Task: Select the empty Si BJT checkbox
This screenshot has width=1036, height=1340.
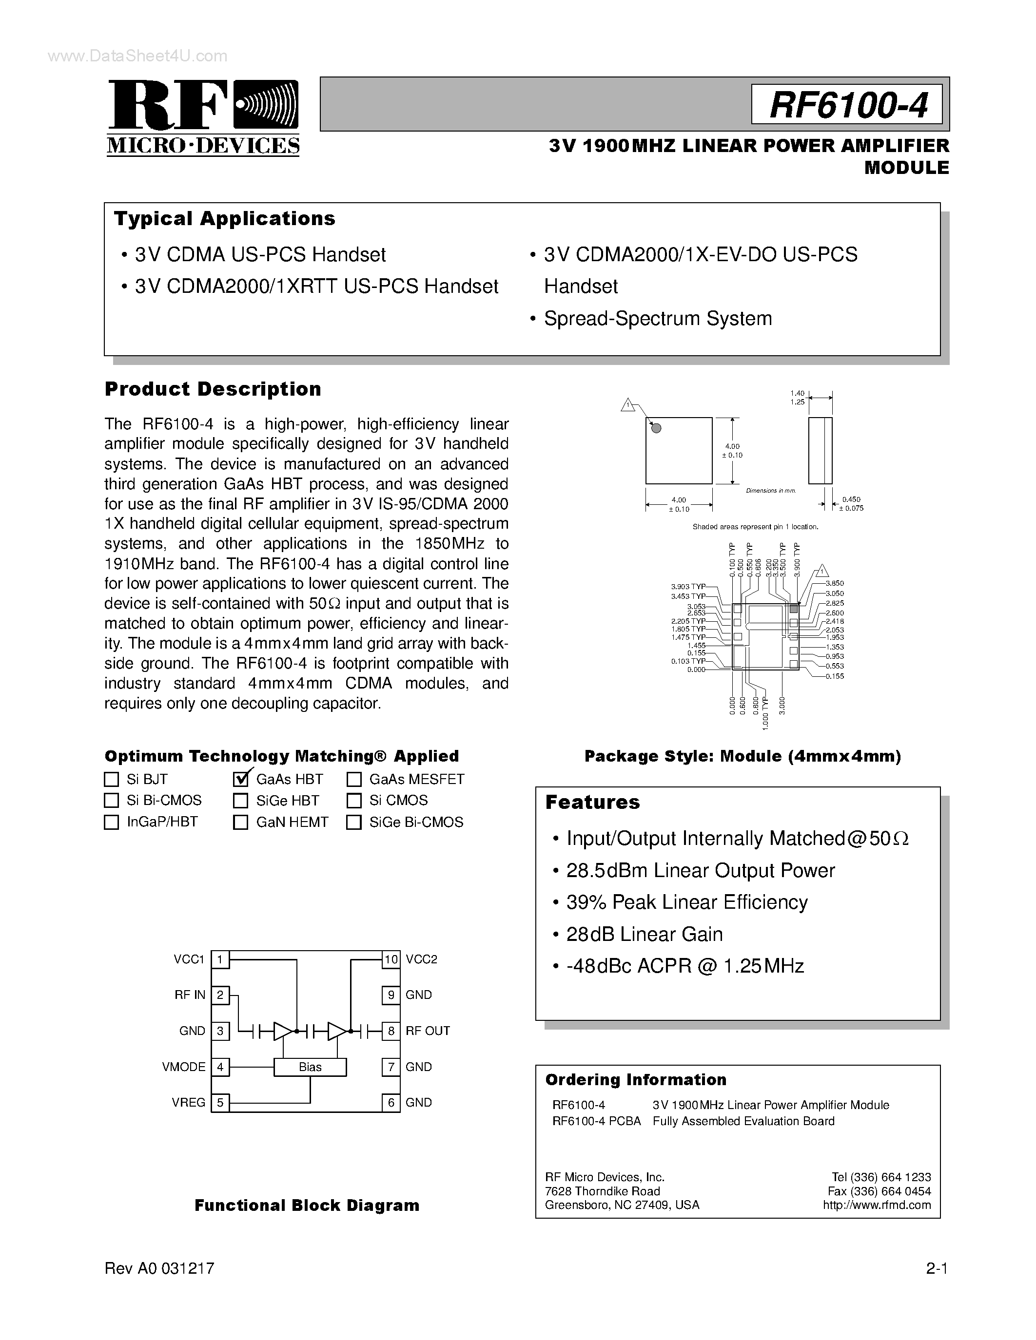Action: (112, 779)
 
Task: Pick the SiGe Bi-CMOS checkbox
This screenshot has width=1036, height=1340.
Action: (354, 822)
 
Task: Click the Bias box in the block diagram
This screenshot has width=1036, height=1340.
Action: (310, 1067)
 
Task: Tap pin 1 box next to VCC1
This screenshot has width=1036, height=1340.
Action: (220, 959)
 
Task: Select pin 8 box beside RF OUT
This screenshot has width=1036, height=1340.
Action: (391, 1031)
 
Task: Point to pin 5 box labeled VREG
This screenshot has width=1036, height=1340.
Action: (220, 1103)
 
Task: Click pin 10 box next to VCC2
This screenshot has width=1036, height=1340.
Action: (391, 959)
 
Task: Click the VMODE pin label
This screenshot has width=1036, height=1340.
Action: (183, 1067)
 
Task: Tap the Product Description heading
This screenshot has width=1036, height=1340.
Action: (213, 389)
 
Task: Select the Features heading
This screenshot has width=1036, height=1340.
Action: (592, 802)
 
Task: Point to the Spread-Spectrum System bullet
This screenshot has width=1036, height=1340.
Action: (657, 319)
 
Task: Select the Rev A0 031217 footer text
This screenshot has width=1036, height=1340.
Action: (159, 1268)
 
